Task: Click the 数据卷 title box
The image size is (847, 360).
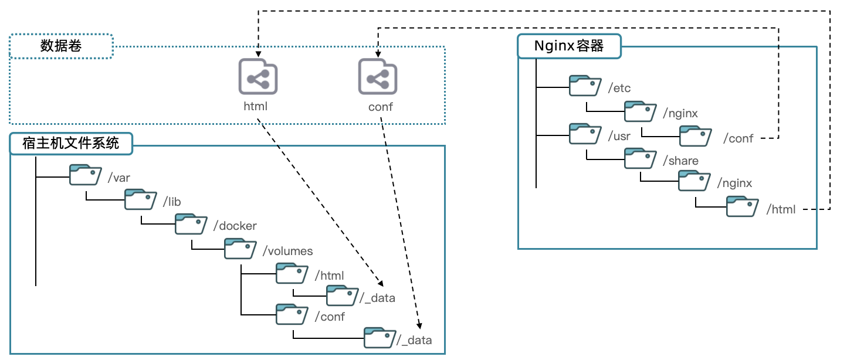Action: pos(61,46)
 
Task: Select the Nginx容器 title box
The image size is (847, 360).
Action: pos(569,46)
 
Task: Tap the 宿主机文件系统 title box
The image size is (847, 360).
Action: pos(71,143)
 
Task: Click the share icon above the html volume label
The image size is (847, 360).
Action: pos(258,77)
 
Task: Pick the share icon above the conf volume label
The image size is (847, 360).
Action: pos(378,77)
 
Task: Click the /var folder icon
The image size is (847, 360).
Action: pos(86,175)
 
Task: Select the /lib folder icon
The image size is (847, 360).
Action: pos(141,199)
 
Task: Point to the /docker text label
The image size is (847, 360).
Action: pos(235,226)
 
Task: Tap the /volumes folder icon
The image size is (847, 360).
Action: pos(240,249)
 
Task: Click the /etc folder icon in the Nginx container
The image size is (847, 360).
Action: pos(585,86)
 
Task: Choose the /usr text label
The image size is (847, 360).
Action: pos(619,136)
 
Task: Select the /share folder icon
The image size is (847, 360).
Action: pos(641,158)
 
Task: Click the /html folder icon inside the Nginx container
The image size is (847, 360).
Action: pos(743,206)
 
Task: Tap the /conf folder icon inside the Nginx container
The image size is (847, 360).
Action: pos(696,136)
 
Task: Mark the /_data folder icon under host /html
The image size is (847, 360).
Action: pos(343,296)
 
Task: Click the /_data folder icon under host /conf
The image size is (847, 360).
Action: pos(380,338)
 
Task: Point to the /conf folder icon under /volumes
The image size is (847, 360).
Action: pos(292,314)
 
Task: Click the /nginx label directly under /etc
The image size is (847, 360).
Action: pos(680,113)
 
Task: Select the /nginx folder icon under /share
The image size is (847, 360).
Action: pos(694,181)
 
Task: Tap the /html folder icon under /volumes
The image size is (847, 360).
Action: pos(292,273)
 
